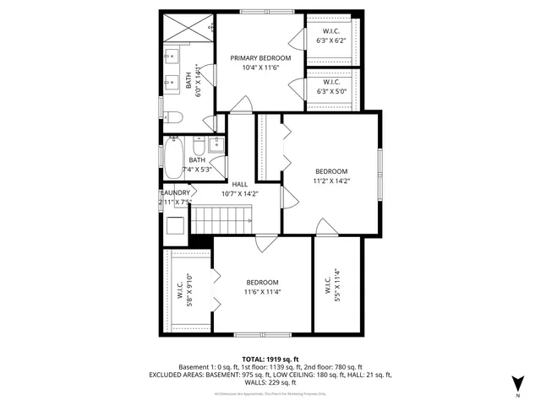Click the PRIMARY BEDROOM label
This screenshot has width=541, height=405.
click(x=261, y=58)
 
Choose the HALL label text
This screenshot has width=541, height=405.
click(x=239, y=184)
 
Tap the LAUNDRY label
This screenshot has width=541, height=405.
click(x=176, y=193)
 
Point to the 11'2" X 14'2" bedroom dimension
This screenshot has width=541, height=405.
click(x=331, y=180)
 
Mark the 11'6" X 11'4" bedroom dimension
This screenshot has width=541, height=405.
click(x=263, y=292)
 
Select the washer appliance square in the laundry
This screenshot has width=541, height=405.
click(x=175, y=225)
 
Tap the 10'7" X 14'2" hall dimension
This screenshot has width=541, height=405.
click(x=239, y=193)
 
